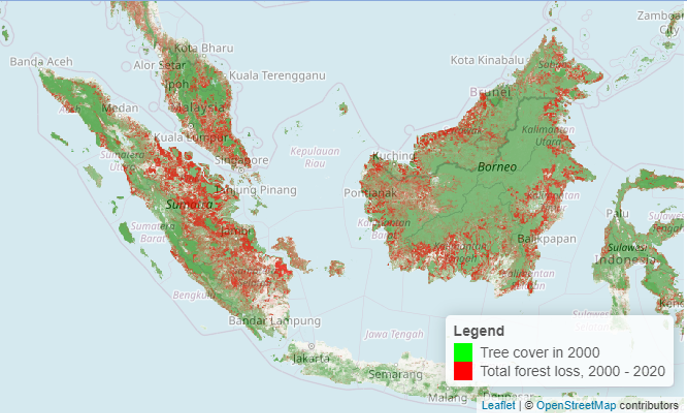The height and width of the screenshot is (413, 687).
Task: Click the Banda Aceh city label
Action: click(41, 62)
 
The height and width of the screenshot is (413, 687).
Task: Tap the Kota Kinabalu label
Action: click(487, 60)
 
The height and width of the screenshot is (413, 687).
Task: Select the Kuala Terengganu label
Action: click(277, 76)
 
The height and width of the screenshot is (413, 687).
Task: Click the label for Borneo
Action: click(497, 167)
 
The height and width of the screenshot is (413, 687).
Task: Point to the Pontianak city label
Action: click(370, 193)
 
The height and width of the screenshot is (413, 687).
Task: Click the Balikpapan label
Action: click(547, 239)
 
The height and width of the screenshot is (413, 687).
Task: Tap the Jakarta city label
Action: click(311, 358)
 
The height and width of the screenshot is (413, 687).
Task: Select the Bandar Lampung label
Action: click(274, 321)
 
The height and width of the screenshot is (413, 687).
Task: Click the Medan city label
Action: click(120, 108)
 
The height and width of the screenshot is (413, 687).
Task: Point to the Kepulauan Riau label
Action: click(315, 157)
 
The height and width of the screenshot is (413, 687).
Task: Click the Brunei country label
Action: click(490, 92)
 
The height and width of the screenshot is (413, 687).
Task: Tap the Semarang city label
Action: click(395, 374)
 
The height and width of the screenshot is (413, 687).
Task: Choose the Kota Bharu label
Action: click(204, 48)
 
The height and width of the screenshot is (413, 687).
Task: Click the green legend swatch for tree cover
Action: click(463, 352)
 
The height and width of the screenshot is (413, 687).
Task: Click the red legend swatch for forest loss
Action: click(463, 371)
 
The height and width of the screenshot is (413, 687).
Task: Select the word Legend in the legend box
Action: click(479, 331)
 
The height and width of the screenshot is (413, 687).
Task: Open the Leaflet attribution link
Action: click(498, 405)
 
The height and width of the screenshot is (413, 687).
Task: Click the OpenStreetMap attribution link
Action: click(576, 405)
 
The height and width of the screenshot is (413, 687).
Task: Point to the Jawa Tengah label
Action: click(394, 334)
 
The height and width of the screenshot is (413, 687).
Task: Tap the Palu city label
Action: click(617, 213)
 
